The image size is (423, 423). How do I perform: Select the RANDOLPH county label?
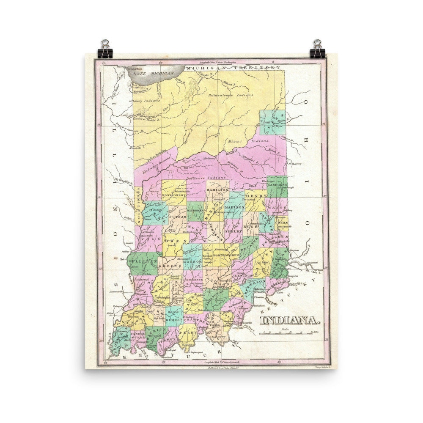click(277, 185)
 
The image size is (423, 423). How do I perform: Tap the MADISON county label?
click(234, 208)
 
